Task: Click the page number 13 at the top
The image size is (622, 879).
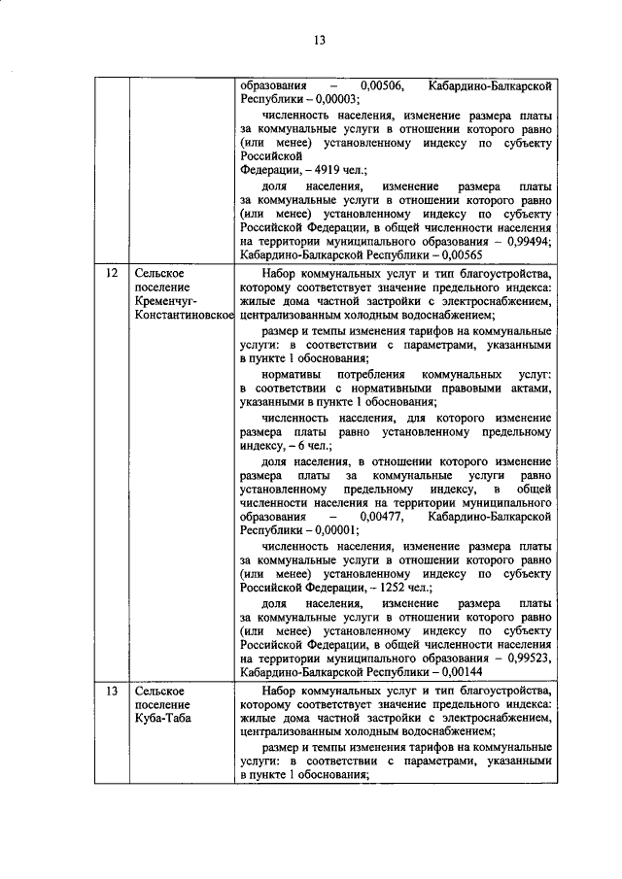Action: coord(319,39)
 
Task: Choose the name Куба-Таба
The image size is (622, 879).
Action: coord(163,718)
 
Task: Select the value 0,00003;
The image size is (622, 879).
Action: coord(331,99)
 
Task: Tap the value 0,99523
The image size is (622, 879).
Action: coord(531,658)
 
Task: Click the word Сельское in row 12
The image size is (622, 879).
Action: coord(159,274)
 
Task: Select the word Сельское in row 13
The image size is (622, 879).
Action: coord(159,691)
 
